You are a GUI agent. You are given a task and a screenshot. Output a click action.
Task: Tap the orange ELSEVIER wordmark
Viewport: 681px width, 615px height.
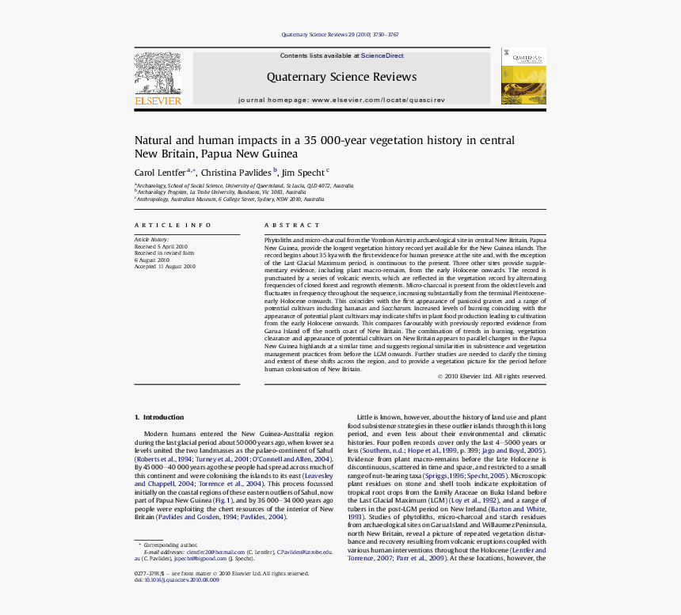click(158, 101)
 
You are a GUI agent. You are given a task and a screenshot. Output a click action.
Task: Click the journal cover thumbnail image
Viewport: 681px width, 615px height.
click(523, 76)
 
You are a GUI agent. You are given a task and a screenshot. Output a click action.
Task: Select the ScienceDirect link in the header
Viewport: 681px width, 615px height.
click(382, 56)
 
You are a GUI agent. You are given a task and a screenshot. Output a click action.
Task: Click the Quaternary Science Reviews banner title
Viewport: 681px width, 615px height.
click(341, 77)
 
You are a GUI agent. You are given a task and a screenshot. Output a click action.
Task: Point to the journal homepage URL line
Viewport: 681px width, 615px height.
click(341, 101)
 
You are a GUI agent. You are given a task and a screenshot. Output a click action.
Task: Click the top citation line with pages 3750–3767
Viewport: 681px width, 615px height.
click(340, 35)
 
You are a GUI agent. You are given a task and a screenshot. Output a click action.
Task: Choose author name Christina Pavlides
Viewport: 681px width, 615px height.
click(236, 173)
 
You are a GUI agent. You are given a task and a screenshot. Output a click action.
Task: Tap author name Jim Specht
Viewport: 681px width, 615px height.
click(302, 173)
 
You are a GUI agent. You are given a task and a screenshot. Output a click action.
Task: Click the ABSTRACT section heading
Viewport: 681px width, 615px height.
click(292, 226)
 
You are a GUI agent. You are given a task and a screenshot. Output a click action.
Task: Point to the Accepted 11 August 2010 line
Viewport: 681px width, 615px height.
click(165, 267)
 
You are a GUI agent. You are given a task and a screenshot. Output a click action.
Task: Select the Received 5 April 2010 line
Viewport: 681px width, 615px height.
click(161, 246)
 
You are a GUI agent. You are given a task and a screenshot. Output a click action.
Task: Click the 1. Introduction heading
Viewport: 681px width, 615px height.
click(159, 417)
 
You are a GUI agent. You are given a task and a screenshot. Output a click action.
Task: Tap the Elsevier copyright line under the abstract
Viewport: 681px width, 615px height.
click(491, 376)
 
